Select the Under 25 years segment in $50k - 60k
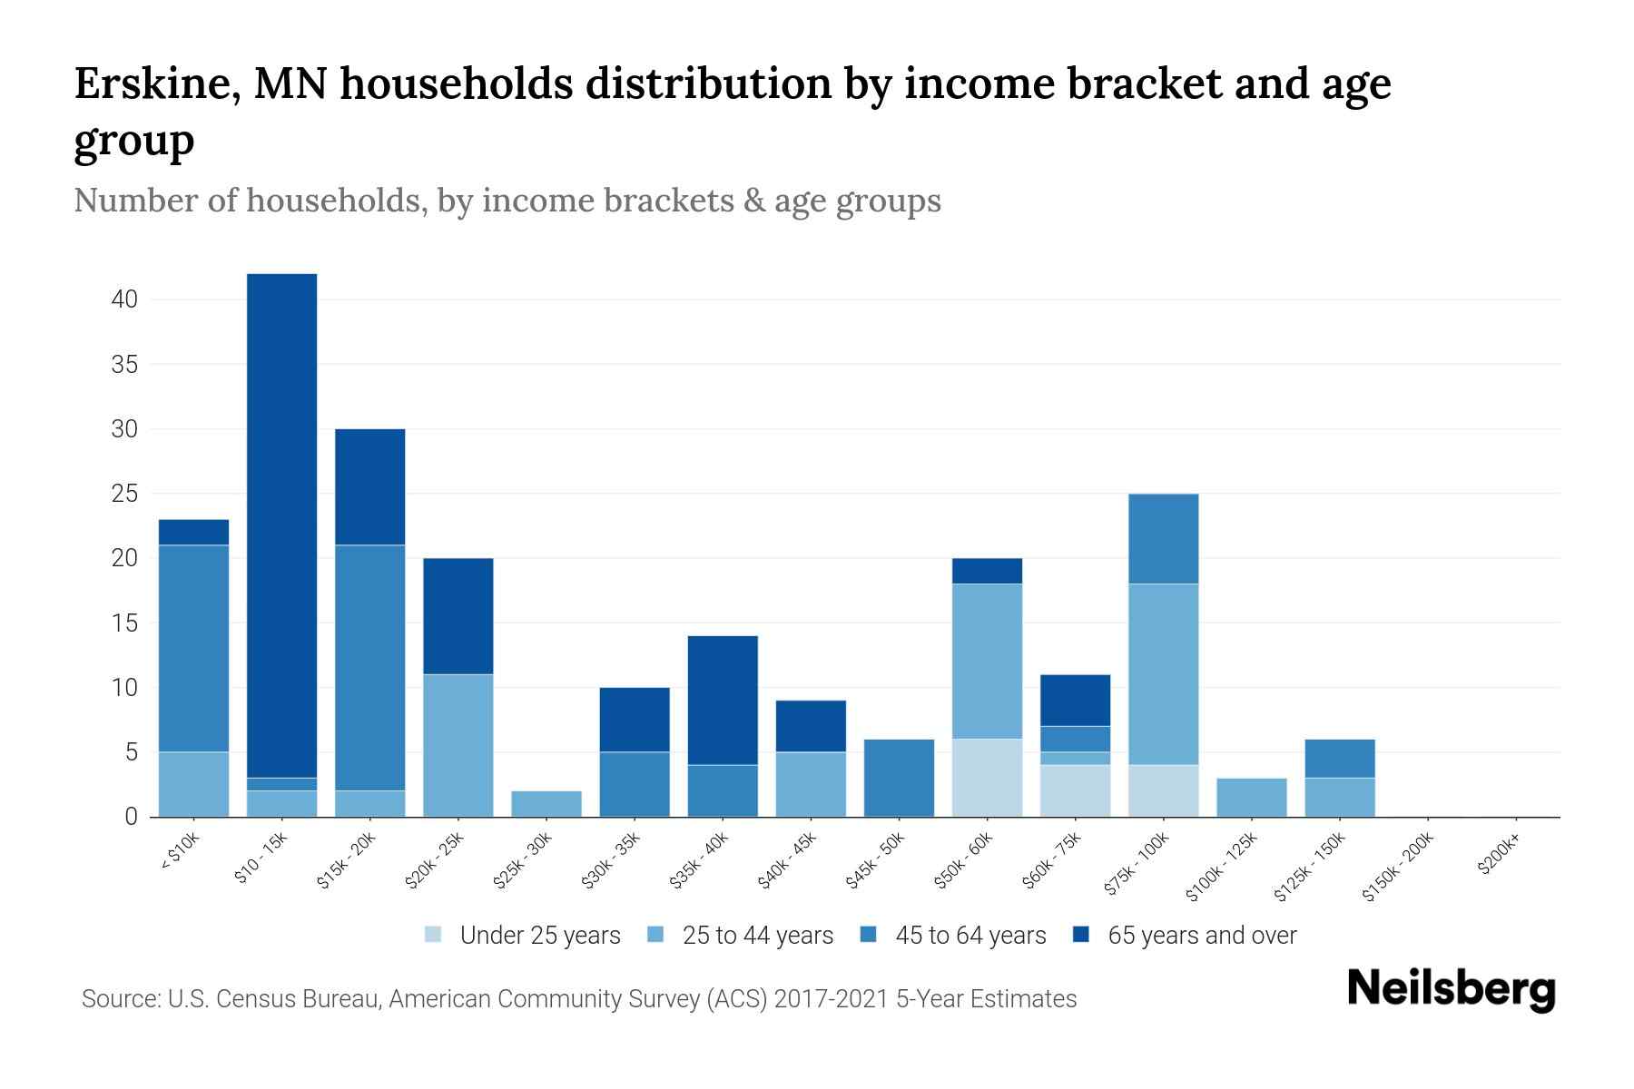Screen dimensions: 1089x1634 [987, 778]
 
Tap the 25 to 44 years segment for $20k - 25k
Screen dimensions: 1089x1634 [458, 745]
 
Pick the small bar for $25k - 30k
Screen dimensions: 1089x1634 [546, 804]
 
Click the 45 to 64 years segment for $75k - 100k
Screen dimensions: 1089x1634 [1163, 538]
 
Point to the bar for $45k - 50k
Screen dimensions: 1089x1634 [899, 778]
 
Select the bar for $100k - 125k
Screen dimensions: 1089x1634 [1251, 798]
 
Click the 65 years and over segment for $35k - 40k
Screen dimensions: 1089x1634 [723, 700]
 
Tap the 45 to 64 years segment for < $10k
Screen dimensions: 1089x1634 [193, 648]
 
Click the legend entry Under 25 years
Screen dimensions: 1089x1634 [539, 936]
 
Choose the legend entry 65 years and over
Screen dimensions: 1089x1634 [1201, 936]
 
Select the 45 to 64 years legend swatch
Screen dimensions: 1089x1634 [869, 935]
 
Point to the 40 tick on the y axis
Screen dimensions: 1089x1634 [124, 299]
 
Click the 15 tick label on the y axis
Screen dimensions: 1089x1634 [124, 623]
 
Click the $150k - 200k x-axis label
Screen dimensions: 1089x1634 [1398, 868]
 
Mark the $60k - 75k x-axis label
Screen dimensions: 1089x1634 [1051, 860]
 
